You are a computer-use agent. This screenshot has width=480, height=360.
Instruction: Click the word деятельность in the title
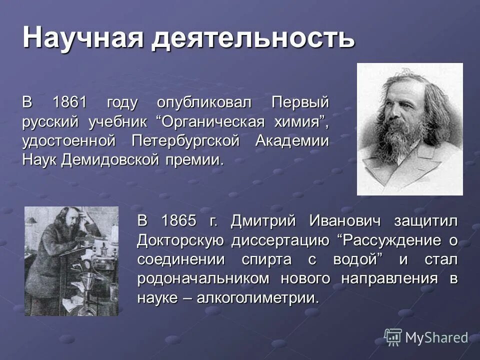[253, 38]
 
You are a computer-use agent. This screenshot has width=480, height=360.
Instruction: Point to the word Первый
[300, 103]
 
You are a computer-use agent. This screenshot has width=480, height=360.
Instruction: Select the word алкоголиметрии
[257, 298]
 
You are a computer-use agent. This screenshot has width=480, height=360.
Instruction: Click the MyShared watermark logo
[426, 337]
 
